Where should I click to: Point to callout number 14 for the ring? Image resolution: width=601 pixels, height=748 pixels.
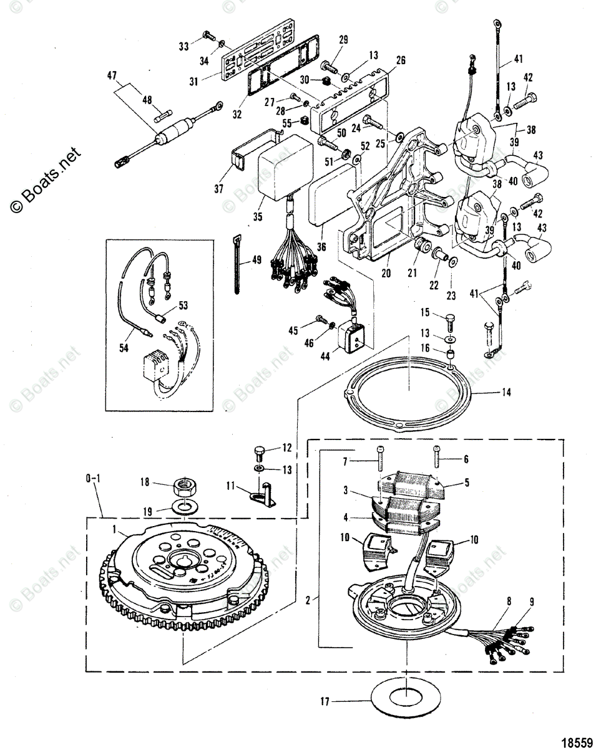506,393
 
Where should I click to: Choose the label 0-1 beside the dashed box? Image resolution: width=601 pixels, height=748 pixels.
92,479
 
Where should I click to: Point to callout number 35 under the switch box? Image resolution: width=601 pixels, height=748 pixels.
258,216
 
